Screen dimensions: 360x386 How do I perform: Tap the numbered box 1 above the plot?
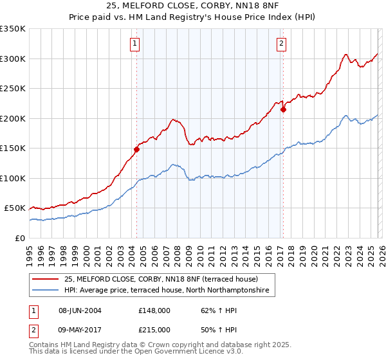pyautogui.click(x=135, y=44)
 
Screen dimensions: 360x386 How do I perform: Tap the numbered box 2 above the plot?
pyautogui.click(x=282, y=44)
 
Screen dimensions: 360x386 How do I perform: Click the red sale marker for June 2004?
pyautogui.click(x=136, y=149)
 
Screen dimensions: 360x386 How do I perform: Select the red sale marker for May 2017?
pyautogui.click(x=283, y=109)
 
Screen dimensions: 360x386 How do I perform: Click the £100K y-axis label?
pyautogui.click(x=13, y=178)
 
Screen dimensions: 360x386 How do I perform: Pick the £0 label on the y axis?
pyautogui.click(x=19, y=238)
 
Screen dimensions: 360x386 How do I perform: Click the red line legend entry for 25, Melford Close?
pyautogui.click(x=161, y=279)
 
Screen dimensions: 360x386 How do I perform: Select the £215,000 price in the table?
pyautogui.click(x=154, y=329)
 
